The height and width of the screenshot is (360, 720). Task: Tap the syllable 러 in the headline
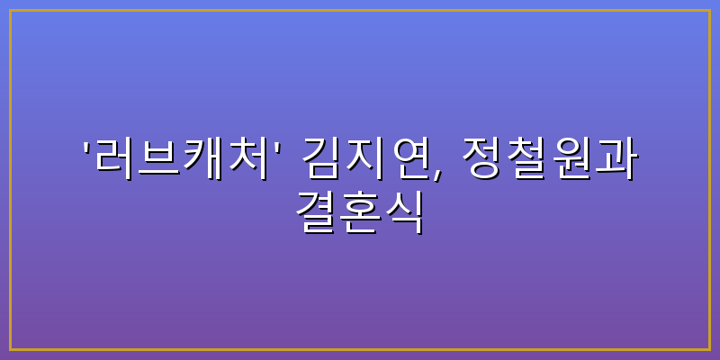[x=113, y=158]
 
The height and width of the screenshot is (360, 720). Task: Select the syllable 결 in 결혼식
[x=316, y=211]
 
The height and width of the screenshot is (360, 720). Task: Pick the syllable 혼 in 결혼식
[x=360, y=211]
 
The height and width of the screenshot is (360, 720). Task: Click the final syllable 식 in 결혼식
[x=404, y=211]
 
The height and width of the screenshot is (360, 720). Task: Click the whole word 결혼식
[x=360, y=211]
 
